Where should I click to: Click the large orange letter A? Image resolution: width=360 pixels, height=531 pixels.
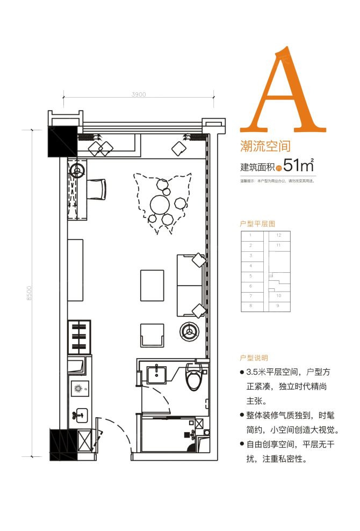(x=283, y=91)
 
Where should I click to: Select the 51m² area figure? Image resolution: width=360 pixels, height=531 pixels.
(x=298, y=165)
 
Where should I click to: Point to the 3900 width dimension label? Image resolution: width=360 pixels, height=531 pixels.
(x=139, y=94)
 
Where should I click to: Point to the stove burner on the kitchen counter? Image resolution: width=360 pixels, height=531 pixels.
(x=78, y=389)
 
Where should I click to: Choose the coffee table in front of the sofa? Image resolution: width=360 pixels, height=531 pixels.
(x=152, y=285)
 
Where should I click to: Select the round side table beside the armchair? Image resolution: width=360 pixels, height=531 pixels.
(x=189, y=331)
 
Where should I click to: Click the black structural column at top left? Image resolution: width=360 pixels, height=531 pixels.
(x=62, y=141)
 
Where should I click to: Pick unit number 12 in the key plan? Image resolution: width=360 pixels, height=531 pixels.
(x=278, y=235)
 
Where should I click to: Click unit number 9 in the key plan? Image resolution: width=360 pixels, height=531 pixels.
(x=278, y=305)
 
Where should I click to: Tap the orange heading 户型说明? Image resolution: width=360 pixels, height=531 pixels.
(x=254, y=358)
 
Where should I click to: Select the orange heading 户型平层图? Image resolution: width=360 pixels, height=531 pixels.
(x=257, y=222)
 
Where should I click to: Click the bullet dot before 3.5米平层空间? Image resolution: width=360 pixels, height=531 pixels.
(x=243, y=372)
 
